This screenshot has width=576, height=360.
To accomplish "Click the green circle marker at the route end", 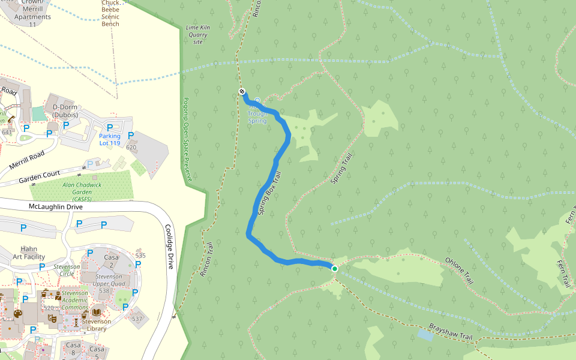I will click(335, 269).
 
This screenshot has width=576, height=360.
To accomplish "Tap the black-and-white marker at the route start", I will click(242, 91).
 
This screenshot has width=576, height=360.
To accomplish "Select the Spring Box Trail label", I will click(269, 194).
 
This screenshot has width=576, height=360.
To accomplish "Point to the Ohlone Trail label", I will click(459, 271).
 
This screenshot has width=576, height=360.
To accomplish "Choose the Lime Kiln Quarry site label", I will click(197, 35).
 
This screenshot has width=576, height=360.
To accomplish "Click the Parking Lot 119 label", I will click(110, 140).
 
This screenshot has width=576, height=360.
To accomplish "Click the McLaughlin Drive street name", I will click(56, 206).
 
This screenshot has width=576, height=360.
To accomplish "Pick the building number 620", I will click(131, 147).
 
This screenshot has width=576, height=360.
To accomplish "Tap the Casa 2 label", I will click(111, 261).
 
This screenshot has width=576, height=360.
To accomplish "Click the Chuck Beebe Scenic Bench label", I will click(110, 13).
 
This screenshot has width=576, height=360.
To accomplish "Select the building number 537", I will click(137, 319).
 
